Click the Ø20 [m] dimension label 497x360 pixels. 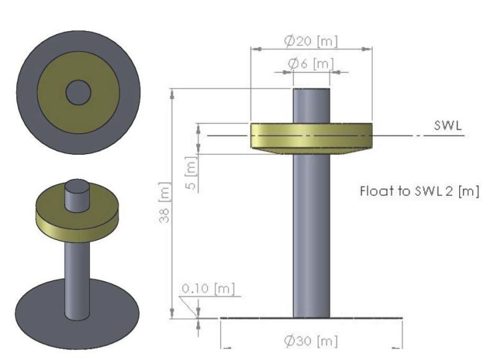(x=311, y=41)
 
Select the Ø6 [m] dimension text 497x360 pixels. (x=310, y=63)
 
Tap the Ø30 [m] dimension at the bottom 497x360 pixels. (x=311, y=341)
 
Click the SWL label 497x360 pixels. (x=446, y=126)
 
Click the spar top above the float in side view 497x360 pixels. (x=311, y=106)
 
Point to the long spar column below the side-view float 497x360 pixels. (x=311, y=236)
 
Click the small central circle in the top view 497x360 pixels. (x=78, y=93)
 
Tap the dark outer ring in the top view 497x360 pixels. (x=28, y=93)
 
